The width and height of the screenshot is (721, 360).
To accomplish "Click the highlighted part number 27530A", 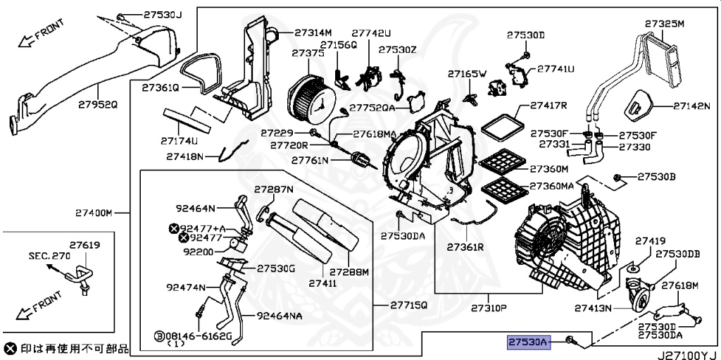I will point(528,342).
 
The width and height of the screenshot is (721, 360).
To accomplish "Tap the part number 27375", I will point(308,54).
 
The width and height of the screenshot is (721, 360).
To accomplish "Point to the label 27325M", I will point(665,24).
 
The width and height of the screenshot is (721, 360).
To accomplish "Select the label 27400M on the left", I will point(94,212).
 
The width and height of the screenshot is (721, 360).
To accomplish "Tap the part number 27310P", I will point(489,309).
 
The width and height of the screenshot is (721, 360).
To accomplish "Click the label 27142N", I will point(691,106).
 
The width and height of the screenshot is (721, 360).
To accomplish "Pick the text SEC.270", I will point(49,256).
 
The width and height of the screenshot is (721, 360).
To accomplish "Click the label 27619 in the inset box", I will point(84,246).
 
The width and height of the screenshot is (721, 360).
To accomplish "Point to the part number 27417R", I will point(548,105).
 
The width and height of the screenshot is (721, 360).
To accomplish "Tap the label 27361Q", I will point(161,88).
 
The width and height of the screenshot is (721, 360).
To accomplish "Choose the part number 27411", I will point(326,283).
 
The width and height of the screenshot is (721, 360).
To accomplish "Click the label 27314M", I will point(313,32).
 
